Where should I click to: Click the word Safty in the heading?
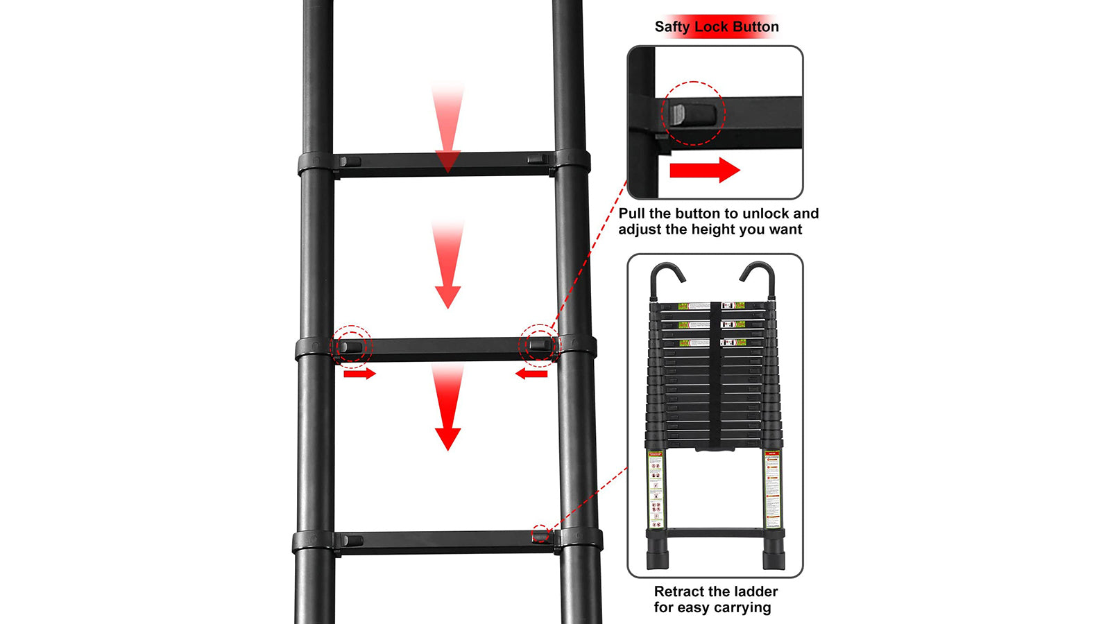[x=672, y=27]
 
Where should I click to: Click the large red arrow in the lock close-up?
[x=704, y=170]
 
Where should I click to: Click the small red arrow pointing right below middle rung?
[x=359, y=374]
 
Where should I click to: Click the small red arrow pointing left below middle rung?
[x=531, y=374]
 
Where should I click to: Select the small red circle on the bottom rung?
[x=540, y=535]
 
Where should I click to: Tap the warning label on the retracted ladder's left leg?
[x=656, y=488]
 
